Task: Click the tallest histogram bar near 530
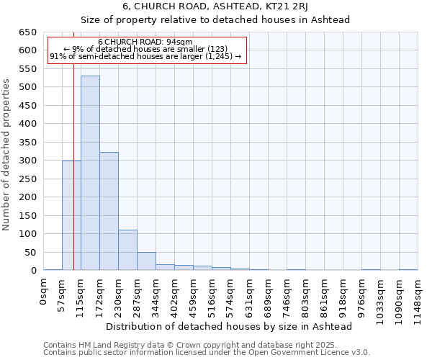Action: coord(90,173)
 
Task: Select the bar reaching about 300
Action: coord(71,215)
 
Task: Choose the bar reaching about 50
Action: coord(146,261)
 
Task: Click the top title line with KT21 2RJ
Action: coord(215,6)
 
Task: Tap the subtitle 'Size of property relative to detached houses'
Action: coord(215,19)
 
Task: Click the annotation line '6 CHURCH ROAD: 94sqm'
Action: coord(145,42)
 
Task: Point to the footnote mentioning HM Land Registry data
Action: coord(206,345)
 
